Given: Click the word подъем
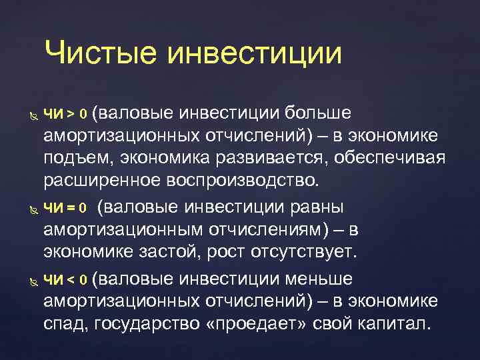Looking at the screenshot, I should [x=73, y=159].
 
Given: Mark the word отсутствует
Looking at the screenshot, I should [x=304, y=253].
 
